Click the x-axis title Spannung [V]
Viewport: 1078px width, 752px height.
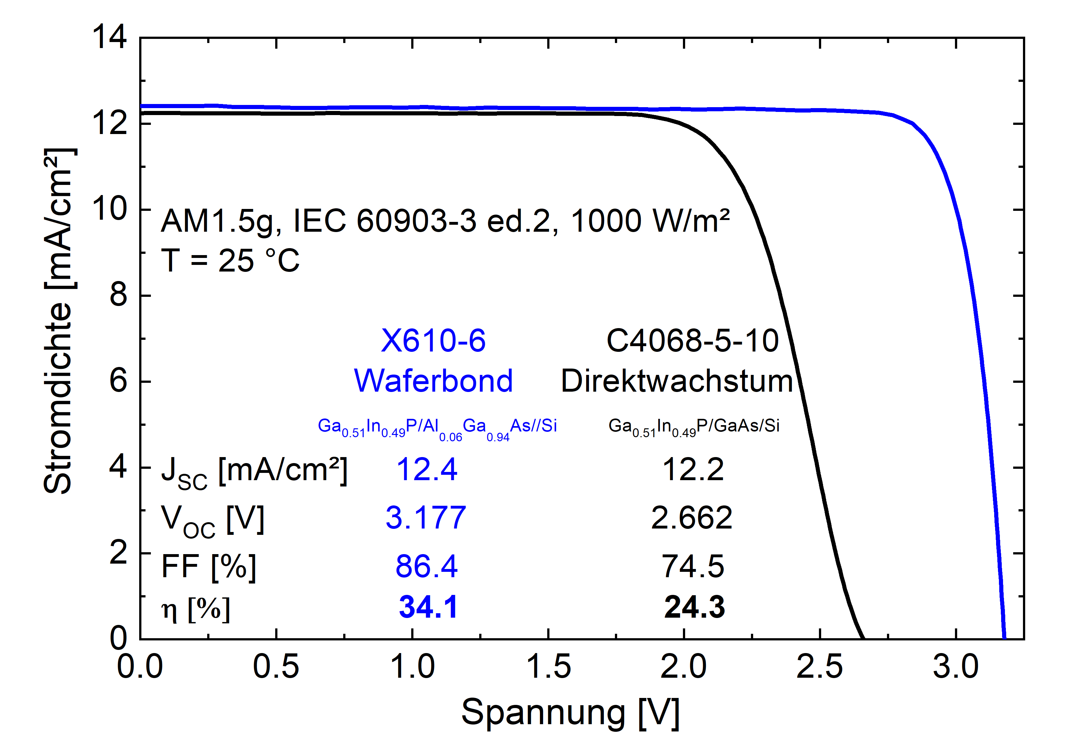[x=570, y=712]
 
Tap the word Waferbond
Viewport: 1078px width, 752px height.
[x=433, y=381]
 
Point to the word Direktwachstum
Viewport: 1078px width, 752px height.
[x=677, y=381]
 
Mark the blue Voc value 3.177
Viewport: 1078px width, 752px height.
[x=426, y=517]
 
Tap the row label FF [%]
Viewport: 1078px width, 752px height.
[x=208, y=566]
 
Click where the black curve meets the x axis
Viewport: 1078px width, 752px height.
[x=863, y=638]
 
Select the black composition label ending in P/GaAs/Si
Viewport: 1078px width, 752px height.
[x=693, y=426]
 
